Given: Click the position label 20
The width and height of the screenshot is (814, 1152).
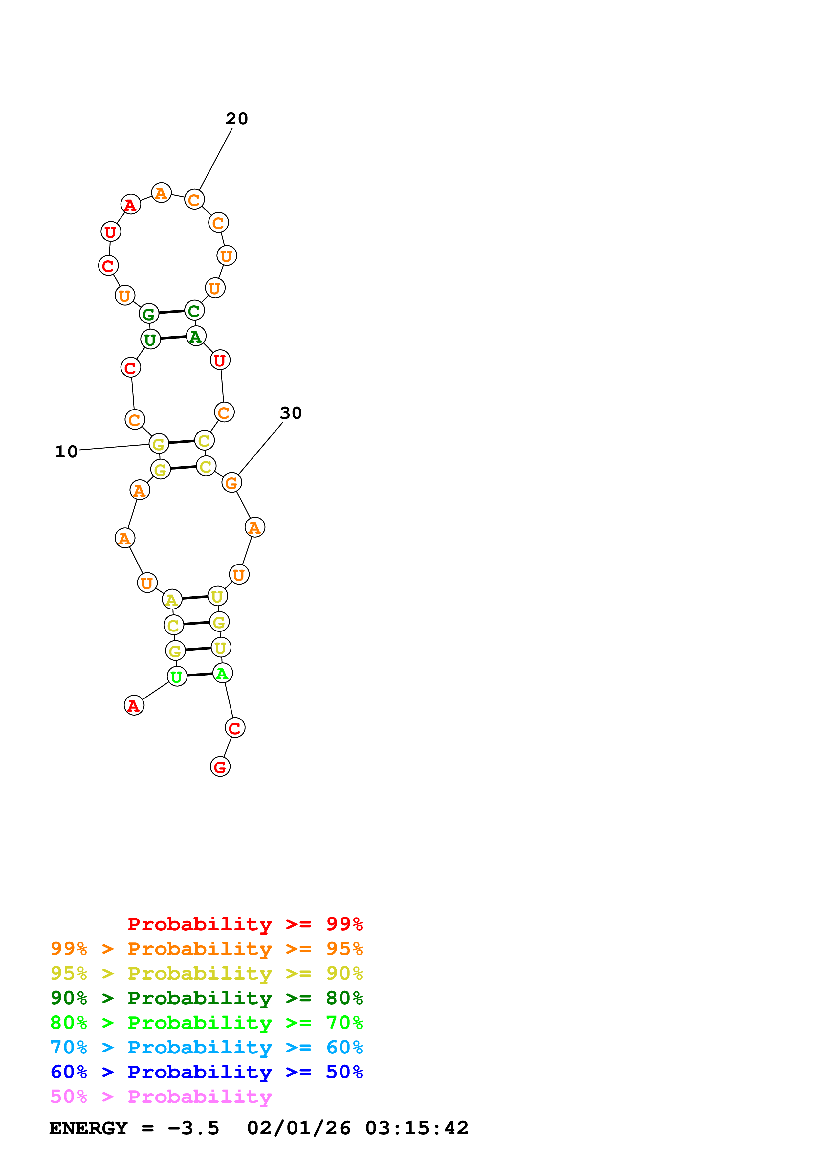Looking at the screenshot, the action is [237, 119].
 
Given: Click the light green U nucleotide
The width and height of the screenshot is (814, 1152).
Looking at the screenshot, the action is [177, 676].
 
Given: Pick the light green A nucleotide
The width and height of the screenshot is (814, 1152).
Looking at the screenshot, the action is [222, 673].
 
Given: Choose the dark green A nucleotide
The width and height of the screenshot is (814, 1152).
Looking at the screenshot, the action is [196, 336].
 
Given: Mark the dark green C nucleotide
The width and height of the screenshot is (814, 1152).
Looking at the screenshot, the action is [194, 311].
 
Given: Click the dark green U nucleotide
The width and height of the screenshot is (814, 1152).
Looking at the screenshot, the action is [150, 340].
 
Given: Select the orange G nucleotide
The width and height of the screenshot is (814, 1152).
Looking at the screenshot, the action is [231, 483].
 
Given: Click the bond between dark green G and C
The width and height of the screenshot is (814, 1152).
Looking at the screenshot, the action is [171, 312].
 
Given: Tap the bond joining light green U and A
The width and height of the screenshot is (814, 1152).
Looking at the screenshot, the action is [200, 675].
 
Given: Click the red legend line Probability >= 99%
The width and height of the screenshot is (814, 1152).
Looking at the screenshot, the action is [245, 924].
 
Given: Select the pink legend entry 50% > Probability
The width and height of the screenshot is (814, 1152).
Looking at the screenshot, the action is [161, 1097].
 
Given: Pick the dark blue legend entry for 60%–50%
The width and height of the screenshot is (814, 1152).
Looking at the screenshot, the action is [206, 1072].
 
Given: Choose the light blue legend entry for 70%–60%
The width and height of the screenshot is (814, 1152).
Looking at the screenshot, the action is [206, 1048].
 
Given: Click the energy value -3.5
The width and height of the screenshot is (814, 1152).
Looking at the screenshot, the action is [194, 1128].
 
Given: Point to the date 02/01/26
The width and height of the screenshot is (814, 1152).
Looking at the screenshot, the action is [298, 1128].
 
